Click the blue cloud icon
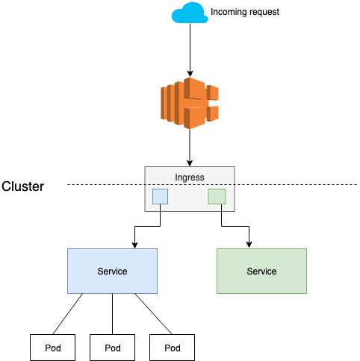[189, 13]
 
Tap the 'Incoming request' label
[245, 13]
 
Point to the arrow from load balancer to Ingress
[189, 145]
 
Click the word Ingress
[189, 178]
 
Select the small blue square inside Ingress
[160, 196]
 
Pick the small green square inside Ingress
[217, 196]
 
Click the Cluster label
[22, 186]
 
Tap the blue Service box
[112, 271]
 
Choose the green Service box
[261, 271]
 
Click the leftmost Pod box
[52, 348]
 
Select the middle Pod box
[112, 348]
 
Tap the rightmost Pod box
[172, 348]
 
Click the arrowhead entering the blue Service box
[134, 245]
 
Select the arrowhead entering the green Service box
[249, 245]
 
